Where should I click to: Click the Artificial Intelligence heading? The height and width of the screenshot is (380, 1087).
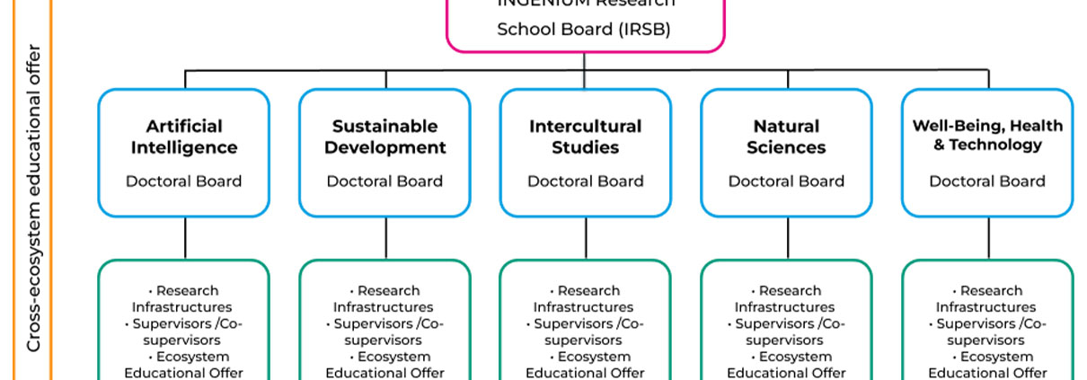[x=184, y=137]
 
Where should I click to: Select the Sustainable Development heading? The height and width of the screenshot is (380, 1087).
[x=384, y=137]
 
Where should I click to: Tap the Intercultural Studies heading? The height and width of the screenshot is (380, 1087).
[x=586, y=137]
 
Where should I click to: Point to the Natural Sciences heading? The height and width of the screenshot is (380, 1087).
[x=786, y=137]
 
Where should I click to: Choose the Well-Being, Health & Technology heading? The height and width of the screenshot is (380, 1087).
[x=987, y=135]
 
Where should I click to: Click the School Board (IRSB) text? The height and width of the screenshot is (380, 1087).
[x=584, y=29]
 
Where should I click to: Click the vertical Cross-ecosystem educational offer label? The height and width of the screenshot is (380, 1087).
[x=34, y=198]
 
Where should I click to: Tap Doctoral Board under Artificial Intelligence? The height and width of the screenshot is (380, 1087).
[x=184, y=181]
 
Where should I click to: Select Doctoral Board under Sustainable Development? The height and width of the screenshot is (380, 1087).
[x=384, y=181]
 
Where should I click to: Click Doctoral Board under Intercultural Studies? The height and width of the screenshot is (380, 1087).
[x=586, y=181]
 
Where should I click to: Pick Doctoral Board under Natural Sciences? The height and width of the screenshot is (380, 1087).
[x=786, y=181]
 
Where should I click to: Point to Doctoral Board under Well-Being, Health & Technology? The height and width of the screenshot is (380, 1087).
[x=987, y=181]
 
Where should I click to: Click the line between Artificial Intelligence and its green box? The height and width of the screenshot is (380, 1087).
[x=185, y=238]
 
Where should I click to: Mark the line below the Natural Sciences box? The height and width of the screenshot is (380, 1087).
[x=788, y=238]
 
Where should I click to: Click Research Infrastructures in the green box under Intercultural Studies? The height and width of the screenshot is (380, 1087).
[x=585, y=299]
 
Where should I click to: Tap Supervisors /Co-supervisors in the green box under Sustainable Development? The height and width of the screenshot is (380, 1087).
[x=384, y=332]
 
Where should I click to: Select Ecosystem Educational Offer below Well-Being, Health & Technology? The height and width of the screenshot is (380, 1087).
[x=987, y=365]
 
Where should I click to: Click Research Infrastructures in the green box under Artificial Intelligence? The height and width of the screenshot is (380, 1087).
[x=183, y=299]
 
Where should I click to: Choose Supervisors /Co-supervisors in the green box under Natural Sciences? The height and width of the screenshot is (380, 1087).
[x=786, y=332]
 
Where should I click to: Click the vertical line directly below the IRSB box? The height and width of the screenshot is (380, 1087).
[x=585, y=61]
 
